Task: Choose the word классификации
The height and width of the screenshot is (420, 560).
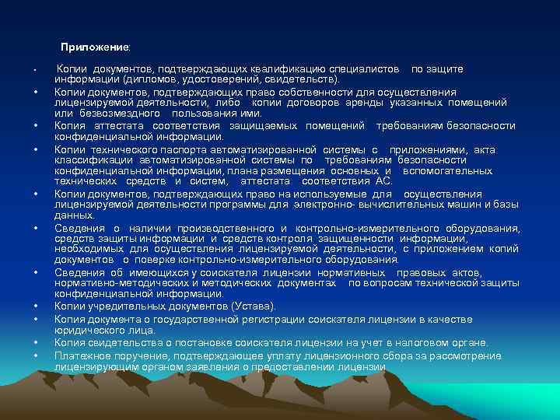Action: point(94,159)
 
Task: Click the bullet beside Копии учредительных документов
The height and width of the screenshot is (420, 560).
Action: point(37,306)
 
